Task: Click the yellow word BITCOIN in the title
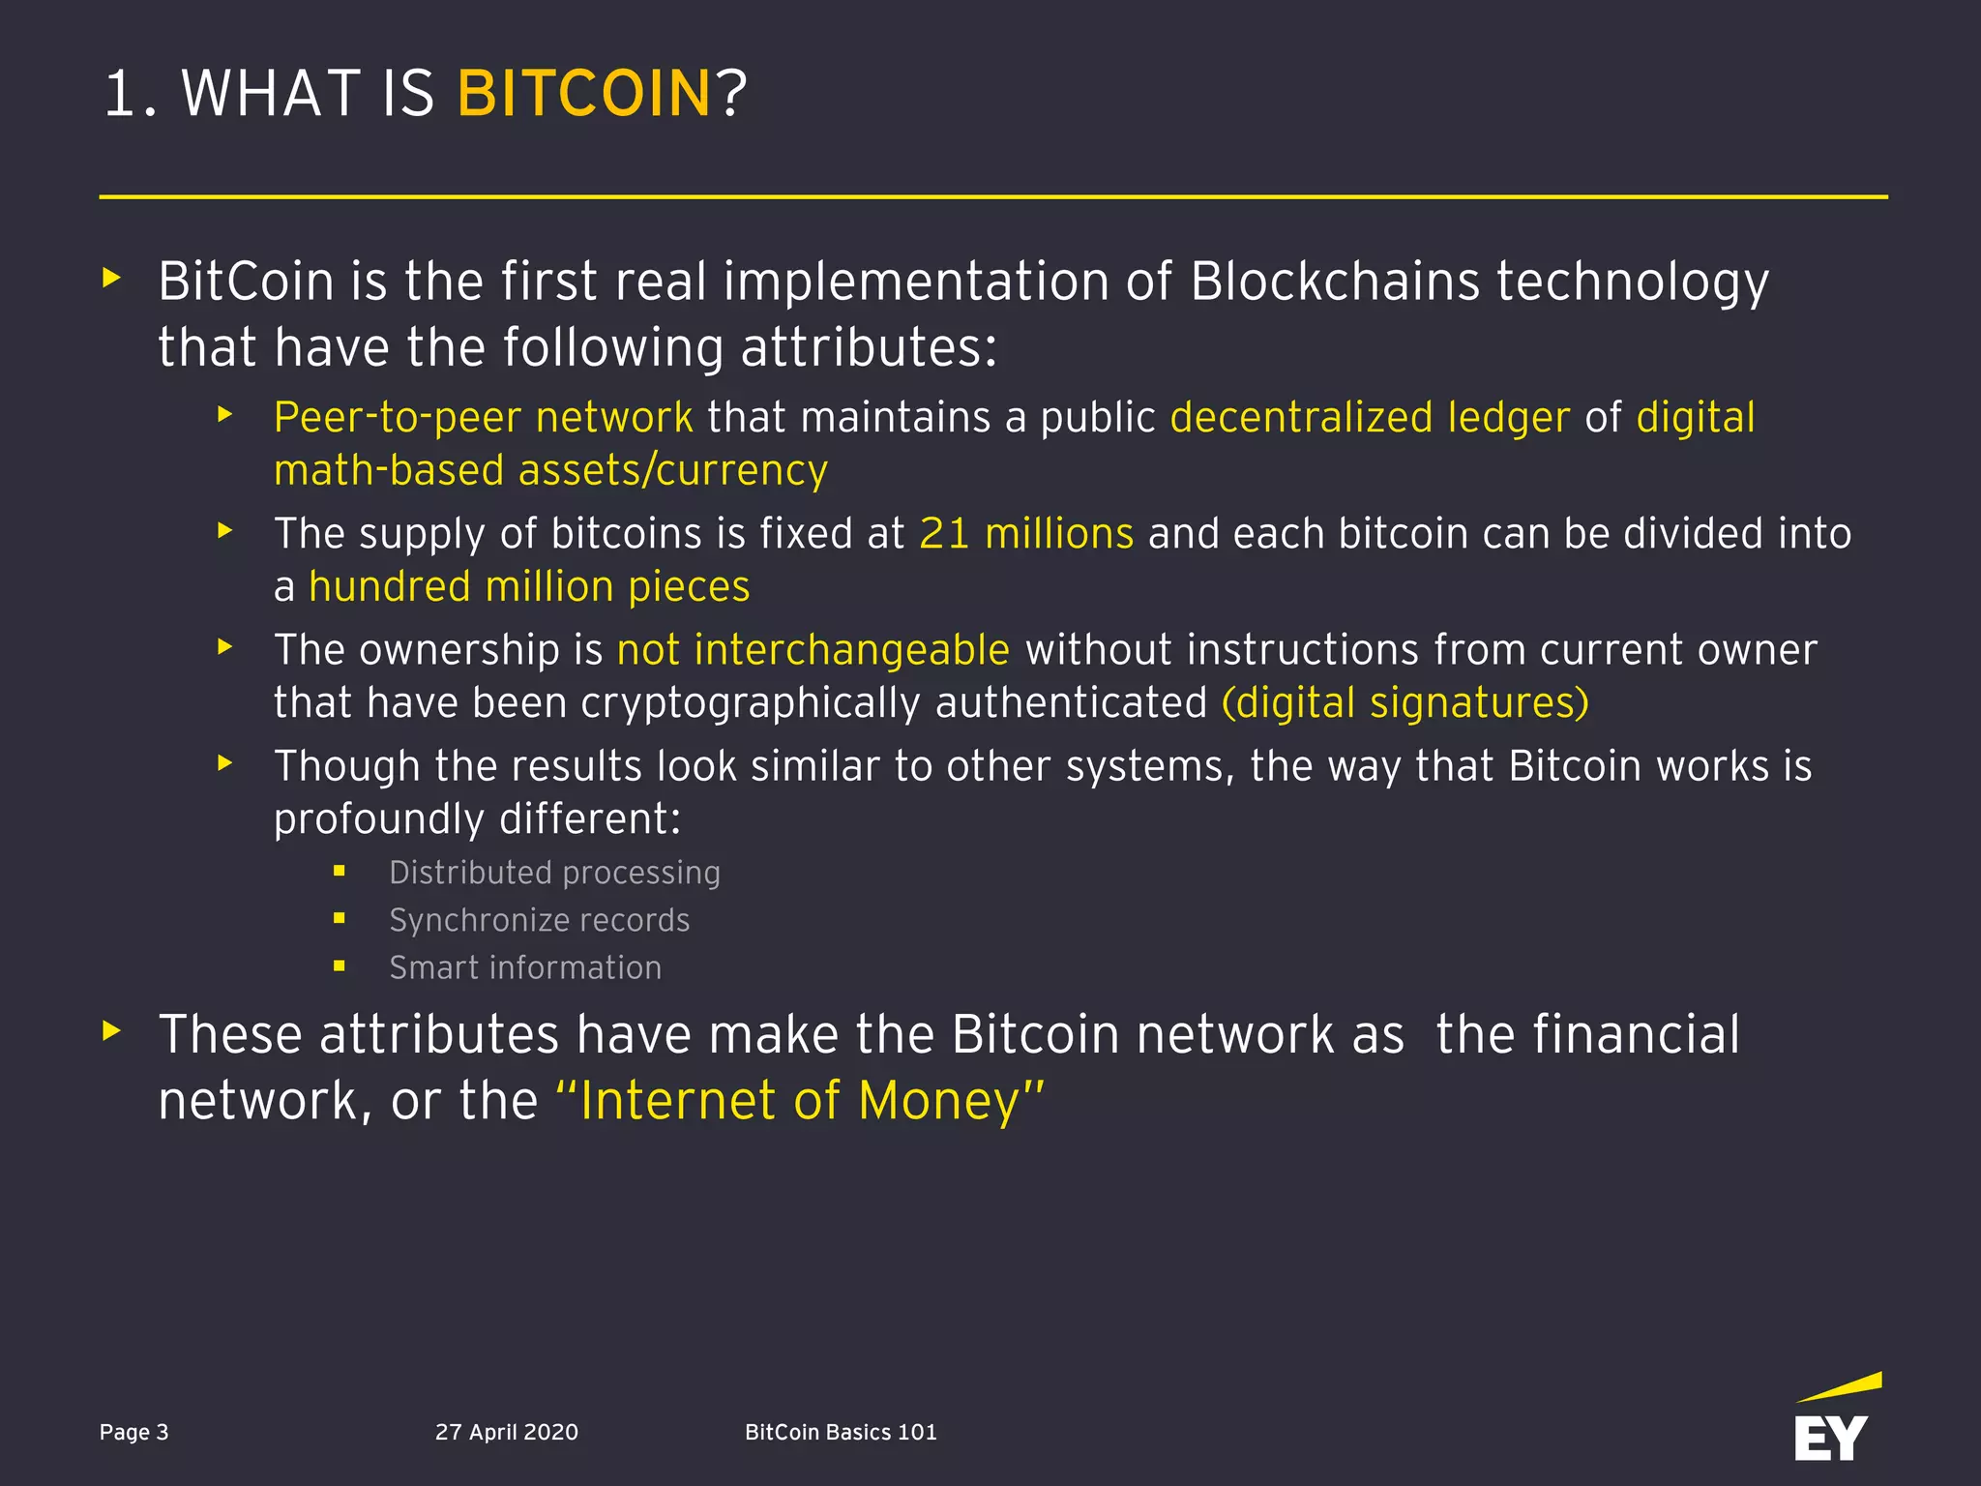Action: (x=584, y=94)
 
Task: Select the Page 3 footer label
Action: (x=134, y=1432)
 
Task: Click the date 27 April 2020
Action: (x=507, y=1432)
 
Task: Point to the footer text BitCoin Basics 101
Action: (x=841, y=1432)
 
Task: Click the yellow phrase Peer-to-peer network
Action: (x=483, y=418)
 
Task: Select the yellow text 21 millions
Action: (x=1026, y=534)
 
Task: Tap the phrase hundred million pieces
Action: (x=529, y=587)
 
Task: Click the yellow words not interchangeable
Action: (x=813, y=650)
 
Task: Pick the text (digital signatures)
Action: (x=1404, y=703)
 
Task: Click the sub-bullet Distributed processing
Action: (x=554, y=873)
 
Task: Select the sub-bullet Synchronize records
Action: (x=539, y=920)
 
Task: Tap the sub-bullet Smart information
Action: (x=525, y=967)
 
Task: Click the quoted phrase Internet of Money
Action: (x=801, y=1101)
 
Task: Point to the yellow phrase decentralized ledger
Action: (x=1370, y=418)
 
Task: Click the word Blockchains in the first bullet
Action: (x=1335, y=282)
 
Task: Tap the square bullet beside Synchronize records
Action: (x=340, y=918)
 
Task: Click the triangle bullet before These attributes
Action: (x=112, y=1030)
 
